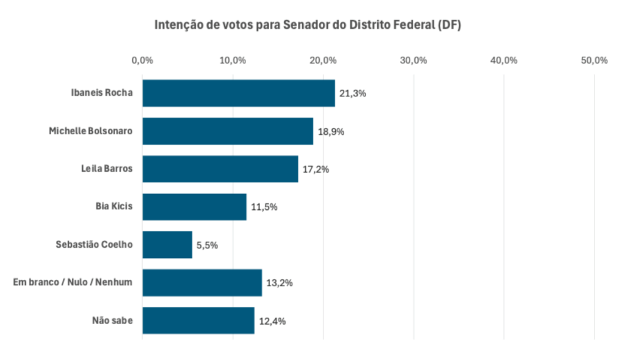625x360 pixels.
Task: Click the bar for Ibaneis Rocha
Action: tap(239, 93)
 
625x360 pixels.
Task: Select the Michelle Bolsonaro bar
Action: tap(228, 131)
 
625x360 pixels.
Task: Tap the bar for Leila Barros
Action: tap(220, 169)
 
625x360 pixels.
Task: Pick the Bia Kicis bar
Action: tap(194, 207)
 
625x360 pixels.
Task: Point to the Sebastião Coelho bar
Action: tap(167, 245)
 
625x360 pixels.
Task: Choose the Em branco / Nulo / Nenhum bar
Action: tap(202, 283)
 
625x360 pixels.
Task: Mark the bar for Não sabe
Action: tap(198, 321)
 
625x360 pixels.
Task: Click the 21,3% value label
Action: tap(352, 94)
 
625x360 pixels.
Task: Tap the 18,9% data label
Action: tap(330, 132)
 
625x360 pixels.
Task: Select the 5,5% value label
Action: tap(207, 245)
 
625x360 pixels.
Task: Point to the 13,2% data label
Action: tap(279, 283)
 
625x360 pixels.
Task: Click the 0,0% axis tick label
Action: tap(142, 60)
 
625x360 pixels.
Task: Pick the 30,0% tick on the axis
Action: tap(413, 60)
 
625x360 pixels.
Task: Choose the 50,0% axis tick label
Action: tap(594, 60)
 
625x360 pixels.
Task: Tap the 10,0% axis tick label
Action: tap(233, 60)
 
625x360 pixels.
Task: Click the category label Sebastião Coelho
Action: tap(94, 245)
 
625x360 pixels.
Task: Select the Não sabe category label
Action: tap(112, 321)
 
